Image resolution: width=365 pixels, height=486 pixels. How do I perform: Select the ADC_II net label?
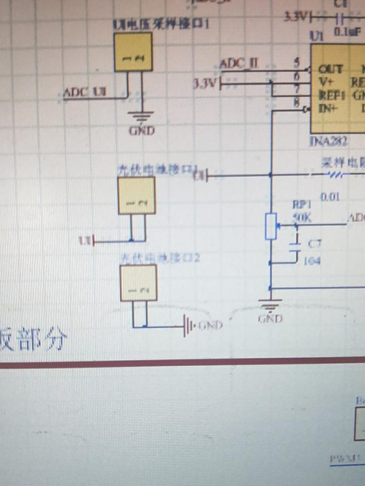[238, 63]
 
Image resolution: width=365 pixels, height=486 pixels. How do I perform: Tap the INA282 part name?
[328, 141]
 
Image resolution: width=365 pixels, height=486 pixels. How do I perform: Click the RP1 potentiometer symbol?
[271, 226]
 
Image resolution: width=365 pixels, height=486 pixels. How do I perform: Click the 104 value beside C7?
[312, 261]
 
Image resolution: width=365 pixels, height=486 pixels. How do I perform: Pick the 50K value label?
[302, 217]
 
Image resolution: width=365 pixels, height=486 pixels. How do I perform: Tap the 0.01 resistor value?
[330, 197]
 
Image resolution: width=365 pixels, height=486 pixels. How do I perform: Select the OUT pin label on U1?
[330, 69]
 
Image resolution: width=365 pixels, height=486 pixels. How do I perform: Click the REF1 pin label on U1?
[332, 96]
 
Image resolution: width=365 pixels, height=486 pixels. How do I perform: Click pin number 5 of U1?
[297, 61]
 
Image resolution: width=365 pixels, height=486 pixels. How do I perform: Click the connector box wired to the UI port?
[136, 195]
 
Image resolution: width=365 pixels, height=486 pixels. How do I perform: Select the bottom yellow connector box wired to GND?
[139, 282]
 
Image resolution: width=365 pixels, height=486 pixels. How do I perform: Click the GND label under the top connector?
[142, 130]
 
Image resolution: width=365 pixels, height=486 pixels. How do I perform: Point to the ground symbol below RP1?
[270, 305]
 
